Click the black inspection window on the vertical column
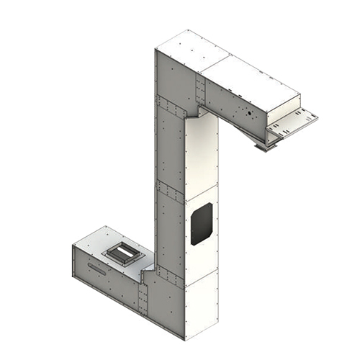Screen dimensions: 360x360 click(201, 223)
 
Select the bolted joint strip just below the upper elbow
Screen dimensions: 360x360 click(171, 108)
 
